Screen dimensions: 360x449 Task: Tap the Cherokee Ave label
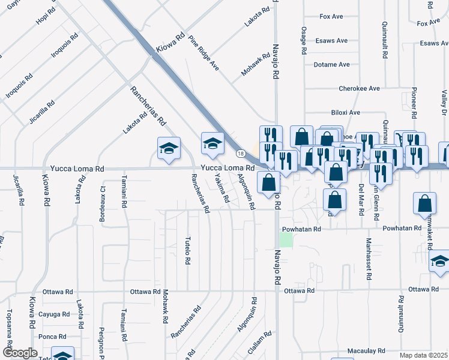coord(359,88)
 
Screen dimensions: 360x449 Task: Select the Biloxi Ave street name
coord(345,112)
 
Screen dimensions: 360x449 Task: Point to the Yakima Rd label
coord(222,190)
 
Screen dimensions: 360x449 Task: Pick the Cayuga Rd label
coord(54,314)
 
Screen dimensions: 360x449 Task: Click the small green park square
coord(287,239)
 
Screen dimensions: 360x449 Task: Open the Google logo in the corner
coord(19,353)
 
